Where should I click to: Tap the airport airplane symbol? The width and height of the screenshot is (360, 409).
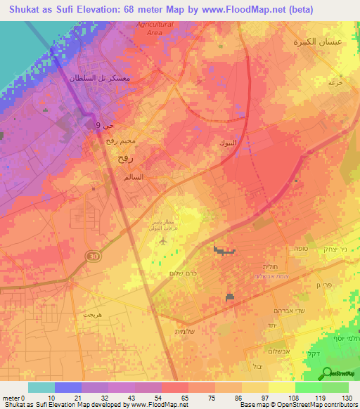[164, 240]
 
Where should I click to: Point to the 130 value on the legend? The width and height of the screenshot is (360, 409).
[345, 397]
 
